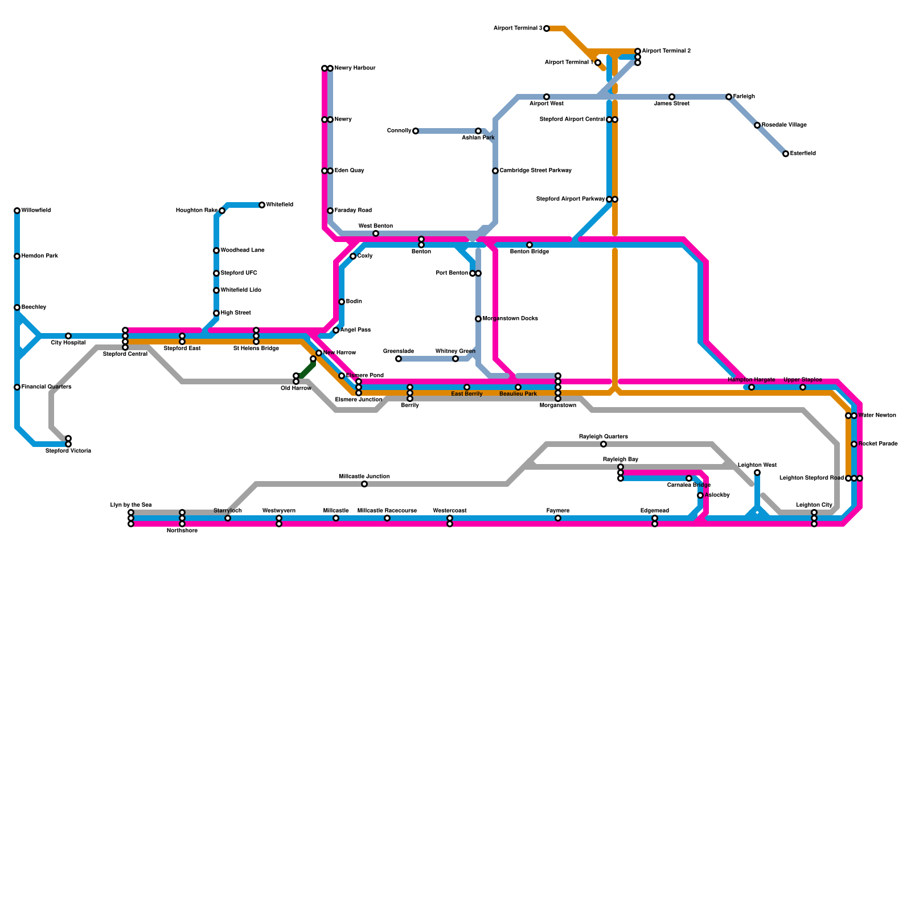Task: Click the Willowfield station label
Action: (x=36, y=211)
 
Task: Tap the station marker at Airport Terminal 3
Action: (x=547, y=28)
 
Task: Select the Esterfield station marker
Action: (x=786, y=154)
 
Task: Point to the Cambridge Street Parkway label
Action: (x=535, y=171)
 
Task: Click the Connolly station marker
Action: (x=416, y=131)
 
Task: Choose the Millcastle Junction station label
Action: (x=364, y=476)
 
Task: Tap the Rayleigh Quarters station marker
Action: (x=604, y=444)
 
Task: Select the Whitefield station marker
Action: (x=262, y=205)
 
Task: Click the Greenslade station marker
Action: (x=399, y=359)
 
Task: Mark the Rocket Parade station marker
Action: (x=854, y=444)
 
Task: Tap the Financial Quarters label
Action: (x=46, y=387)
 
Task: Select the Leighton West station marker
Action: (x=757, y=473)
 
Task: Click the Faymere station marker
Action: (x=558, y=518)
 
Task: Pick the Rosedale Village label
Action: (x=784, y=125)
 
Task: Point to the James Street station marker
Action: (x=672, y=97)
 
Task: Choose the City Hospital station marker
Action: (x=68, y=336)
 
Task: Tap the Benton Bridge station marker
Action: (x=530, y=245)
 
